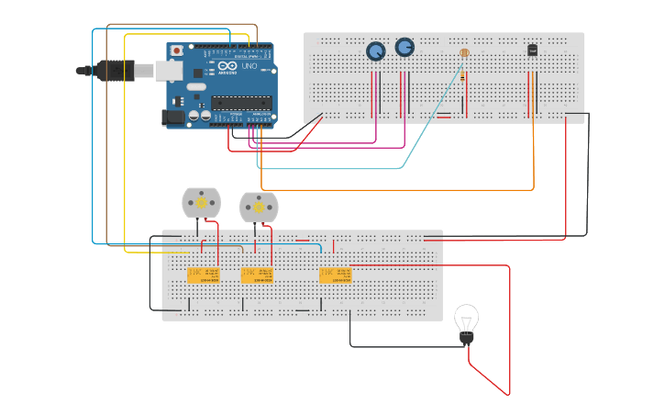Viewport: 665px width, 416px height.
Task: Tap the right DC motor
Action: click(258, 207)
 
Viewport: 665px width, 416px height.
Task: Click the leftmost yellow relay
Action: click(204, 275)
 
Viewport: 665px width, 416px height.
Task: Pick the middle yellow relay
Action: click(257, 275)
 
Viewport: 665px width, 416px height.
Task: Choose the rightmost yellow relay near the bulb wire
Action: click(335, 275)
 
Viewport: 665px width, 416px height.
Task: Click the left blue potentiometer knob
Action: click(376, 51)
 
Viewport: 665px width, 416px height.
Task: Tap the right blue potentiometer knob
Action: click(405, 47)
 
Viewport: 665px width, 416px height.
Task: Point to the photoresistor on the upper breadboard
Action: click(464, 53)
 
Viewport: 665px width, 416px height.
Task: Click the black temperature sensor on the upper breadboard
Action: click(533, 50)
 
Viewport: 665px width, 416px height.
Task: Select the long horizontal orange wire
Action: click(394, 190)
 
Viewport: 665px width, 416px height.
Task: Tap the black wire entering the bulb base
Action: click(404, 346)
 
